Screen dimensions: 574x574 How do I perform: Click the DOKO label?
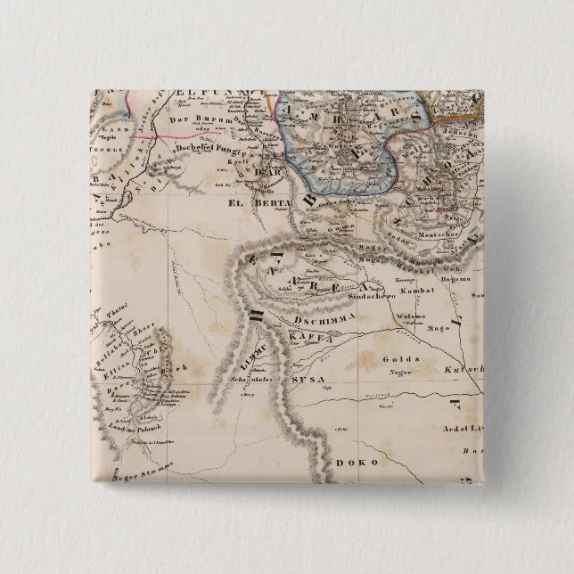(x=357, y=463)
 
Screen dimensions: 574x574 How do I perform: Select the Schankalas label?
(x=257, y=378)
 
